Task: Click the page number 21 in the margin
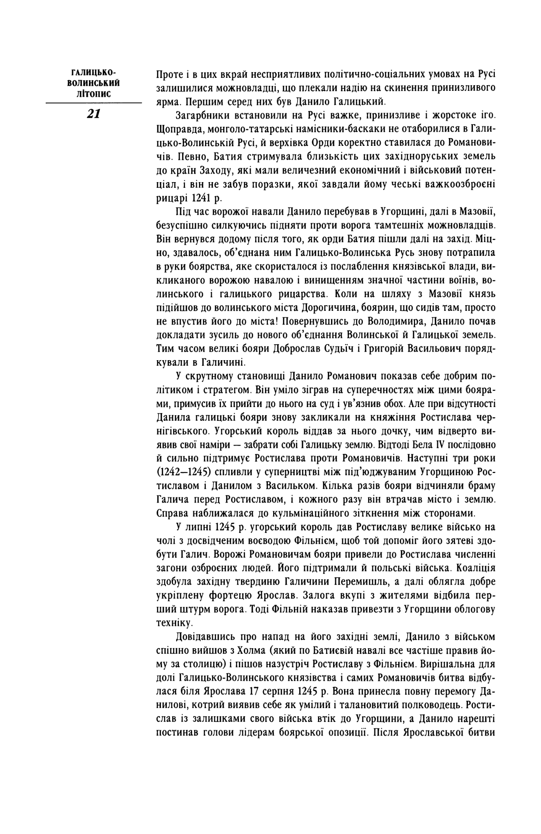(93, 114)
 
